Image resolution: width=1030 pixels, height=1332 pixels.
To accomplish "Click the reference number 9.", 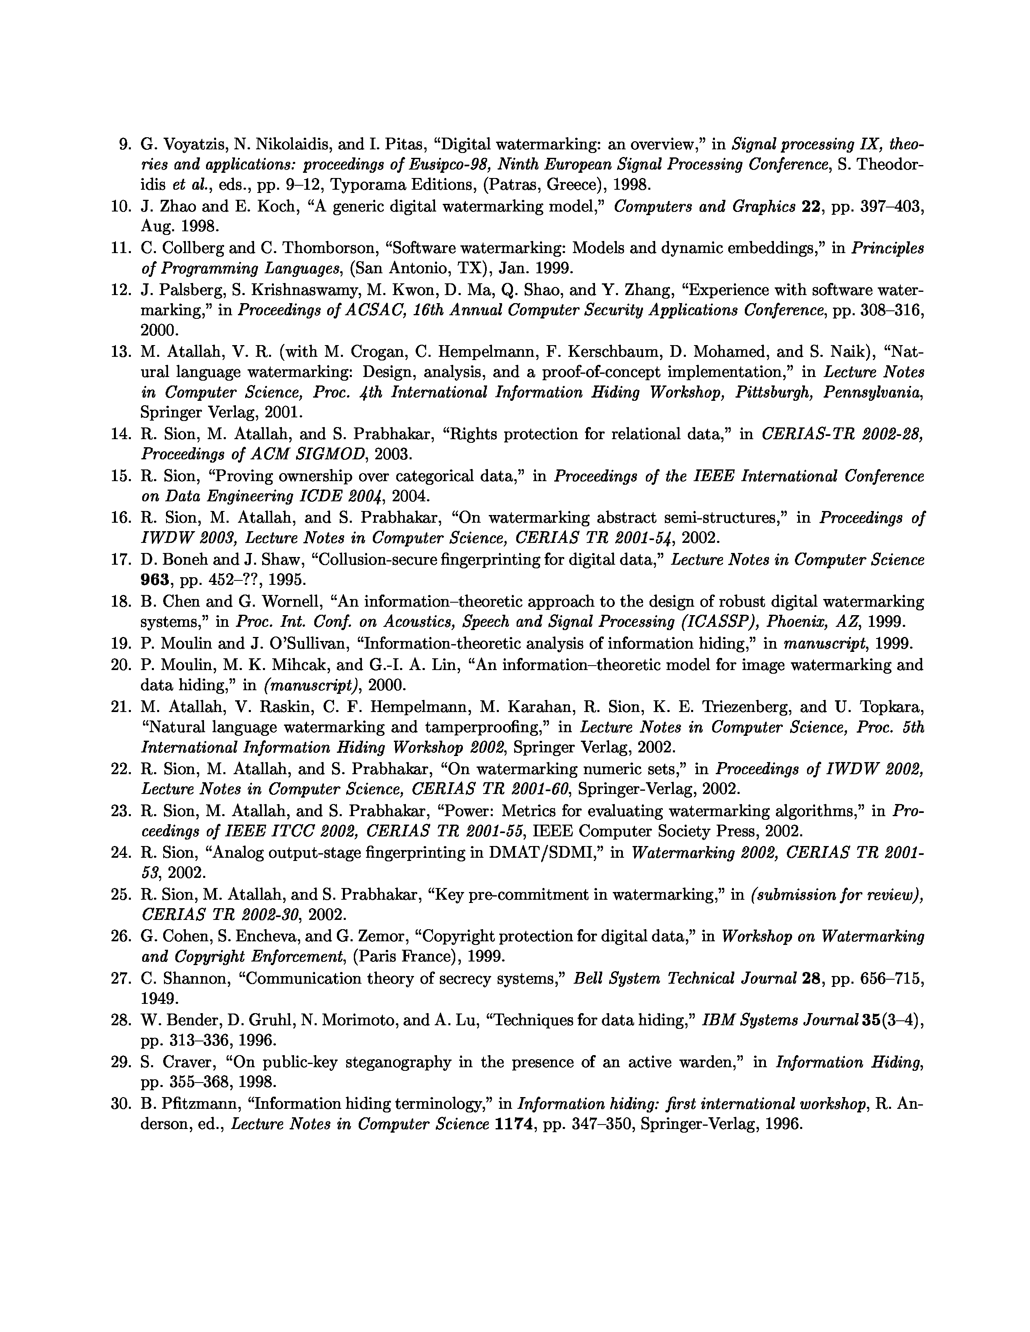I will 125,145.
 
